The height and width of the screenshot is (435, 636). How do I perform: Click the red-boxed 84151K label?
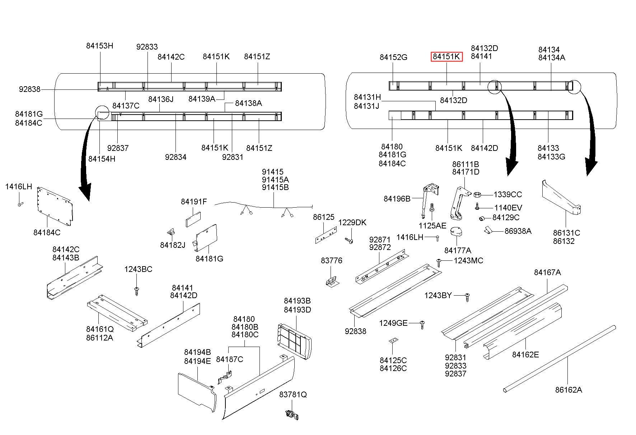446,56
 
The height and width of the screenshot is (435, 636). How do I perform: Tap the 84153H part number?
99,46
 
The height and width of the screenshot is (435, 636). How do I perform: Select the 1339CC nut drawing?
478,195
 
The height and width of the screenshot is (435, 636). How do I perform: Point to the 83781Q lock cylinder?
292,415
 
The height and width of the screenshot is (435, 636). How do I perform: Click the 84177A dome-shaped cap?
456,232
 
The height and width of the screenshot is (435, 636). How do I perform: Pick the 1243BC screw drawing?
136,291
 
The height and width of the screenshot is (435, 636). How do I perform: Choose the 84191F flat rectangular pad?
193,218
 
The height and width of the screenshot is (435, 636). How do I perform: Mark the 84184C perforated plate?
55,207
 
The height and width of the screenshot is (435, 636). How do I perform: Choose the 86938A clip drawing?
488,230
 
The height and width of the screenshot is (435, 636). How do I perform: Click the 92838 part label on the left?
29,89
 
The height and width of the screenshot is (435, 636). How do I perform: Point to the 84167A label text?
547,272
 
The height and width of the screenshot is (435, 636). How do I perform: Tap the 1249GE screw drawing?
423,324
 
